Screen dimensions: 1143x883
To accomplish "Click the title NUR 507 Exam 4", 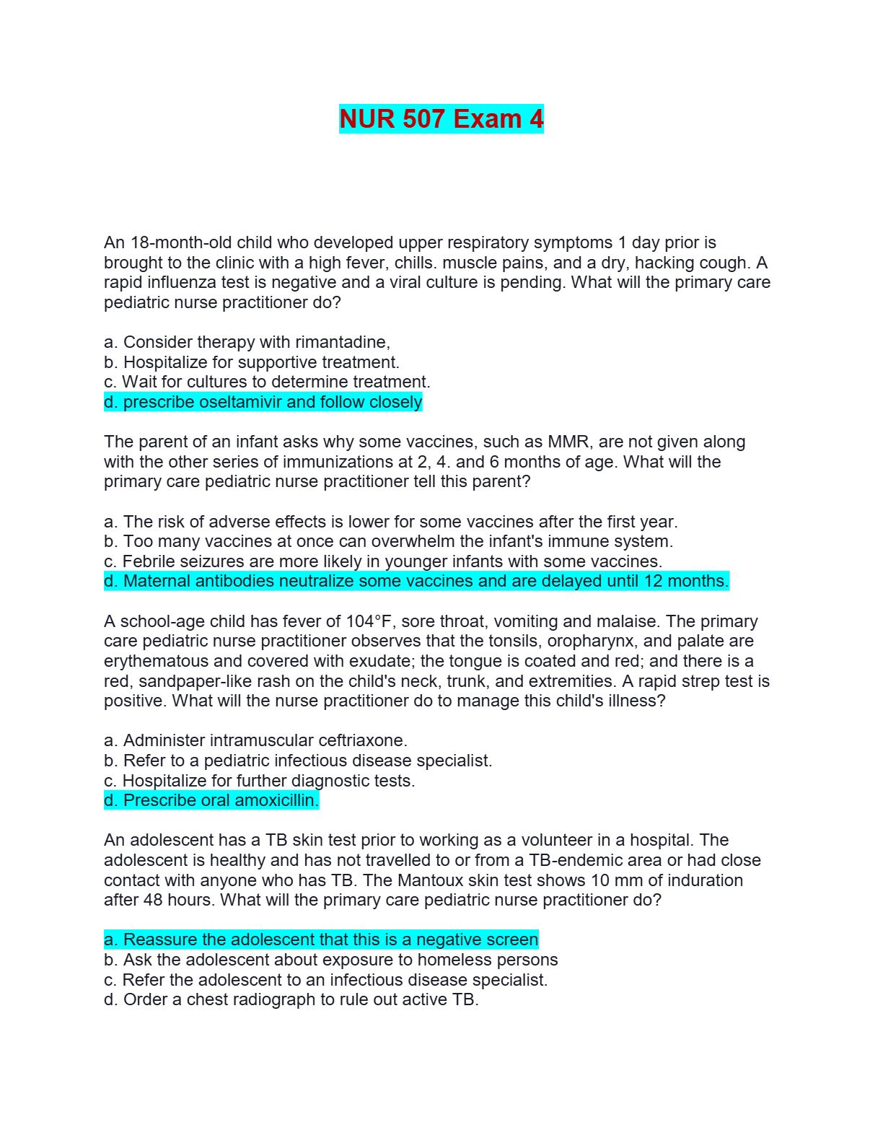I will pyautogui.click(x=441, y=119).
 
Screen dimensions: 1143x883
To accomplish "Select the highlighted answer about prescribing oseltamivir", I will pyautogui.click(x=263, y=402).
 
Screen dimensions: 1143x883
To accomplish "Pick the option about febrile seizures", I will pyautogui.click(x=383, y=561).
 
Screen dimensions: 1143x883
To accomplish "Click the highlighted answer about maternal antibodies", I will pyautogui.click(x=416, y=581).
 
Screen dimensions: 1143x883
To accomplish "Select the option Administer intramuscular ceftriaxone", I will pyautogui.click(x=255, y=740).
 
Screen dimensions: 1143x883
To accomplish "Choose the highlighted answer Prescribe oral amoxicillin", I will pyautogui.click(x=211, y=800).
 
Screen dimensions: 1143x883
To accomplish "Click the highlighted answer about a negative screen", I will pyautogui.click(x=321, y=940).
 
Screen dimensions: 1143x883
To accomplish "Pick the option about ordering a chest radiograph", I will pyautogui.click(x=291, y=999).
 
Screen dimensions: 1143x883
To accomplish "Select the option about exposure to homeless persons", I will pyautogui.click(x=331, y=960).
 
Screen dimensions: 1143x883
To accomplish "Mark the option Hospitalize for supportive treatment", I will pyautogui.click(x=252, y=362).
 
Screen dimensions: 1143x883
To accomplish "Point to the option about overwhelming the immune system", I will pyautogui.click(x=388, y=541).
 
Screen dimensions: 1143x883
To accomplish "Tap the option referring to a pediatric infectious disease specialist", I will pyautogui.click(x=298, y=761).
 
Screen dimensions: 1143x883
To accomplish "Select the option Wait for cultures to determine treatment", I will pyautogui.click(x=267, y=382).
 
